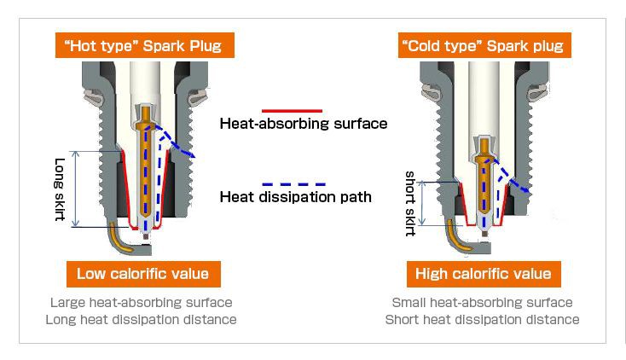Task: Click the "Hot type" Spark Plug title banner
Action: tap(143, 45)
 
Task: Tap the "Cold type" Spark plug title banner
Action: tap(483, 45)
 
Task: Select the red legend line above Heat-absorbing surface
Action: tap(292, 110)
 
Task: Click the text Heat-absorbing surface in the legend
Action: tap(304, 124)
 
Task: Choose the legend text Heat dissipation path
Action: tap(295, 197)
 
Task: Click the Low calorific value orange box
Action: tap(142, 274)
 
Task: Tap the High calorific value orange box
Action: tap(483, 274)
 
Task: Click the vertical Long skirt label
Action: tap(60, 189)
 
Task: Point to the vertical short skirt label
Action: tap(410, 203)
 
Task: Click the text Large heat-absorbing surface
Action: tap(142, 302)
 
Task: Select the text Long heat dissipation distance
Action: tap(142, 319)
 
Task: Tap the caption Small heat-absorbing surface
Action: tap(482, 302)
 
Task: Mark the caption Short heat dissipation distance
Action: tap(482, 319)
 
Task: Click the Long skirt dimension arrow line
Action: tap(76, 189)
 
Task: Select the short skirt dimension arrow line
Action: tap(424, 203)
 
